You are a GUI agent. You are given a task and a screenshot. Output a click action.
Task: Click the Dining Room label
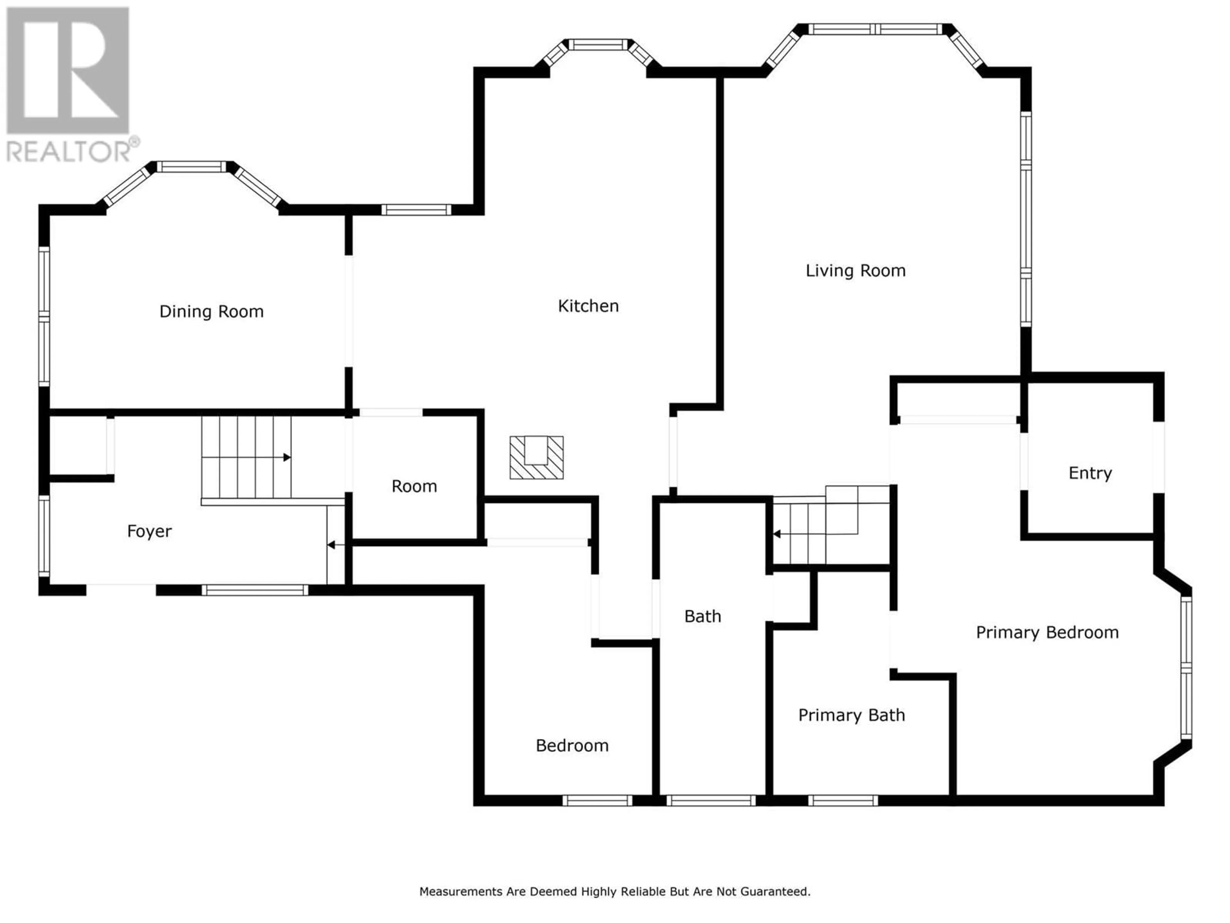click(x=211, y=312)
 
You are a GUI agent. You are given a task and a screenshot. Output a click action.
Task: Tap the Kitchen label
click(x=588, y=306)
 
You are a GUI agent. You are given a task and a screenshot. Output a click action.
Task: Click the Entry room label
click(x=1090, y=473)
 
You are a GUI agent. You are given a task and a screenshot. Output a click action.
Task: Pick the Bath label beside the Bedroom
click(x=703, y=616)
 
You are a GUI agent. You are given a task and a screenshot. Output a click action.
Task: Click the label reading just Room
click(x=414, y=486)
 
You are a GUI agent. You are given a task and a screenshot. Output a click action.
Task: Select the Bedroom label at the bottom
click(x=572, y=745)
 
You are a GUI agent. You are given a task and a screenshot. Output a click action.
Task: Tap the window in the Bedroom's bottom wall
click(x=597, y=801)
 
